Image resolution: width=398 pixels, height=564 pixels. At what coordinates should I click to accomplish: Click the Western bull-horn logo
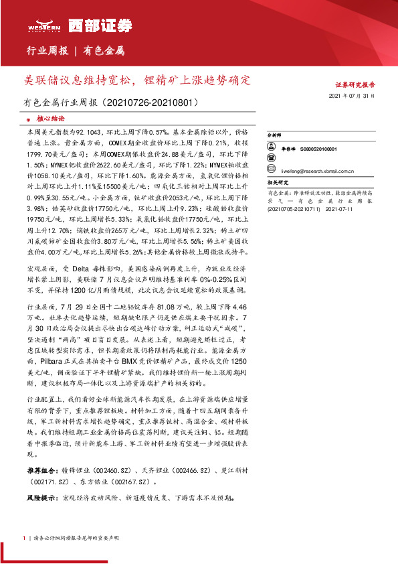tap(42, 25)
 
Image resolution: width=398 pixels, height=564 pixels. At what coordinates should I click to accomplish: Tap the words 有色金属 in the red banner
tap(105, 51)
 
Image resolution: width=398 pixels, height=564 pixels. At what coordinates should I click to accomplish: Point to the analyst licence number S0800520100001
tap(318, 149)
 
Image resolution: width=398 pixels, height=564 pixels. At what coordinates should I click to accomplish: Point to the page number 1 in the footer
tap(24, 537)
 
